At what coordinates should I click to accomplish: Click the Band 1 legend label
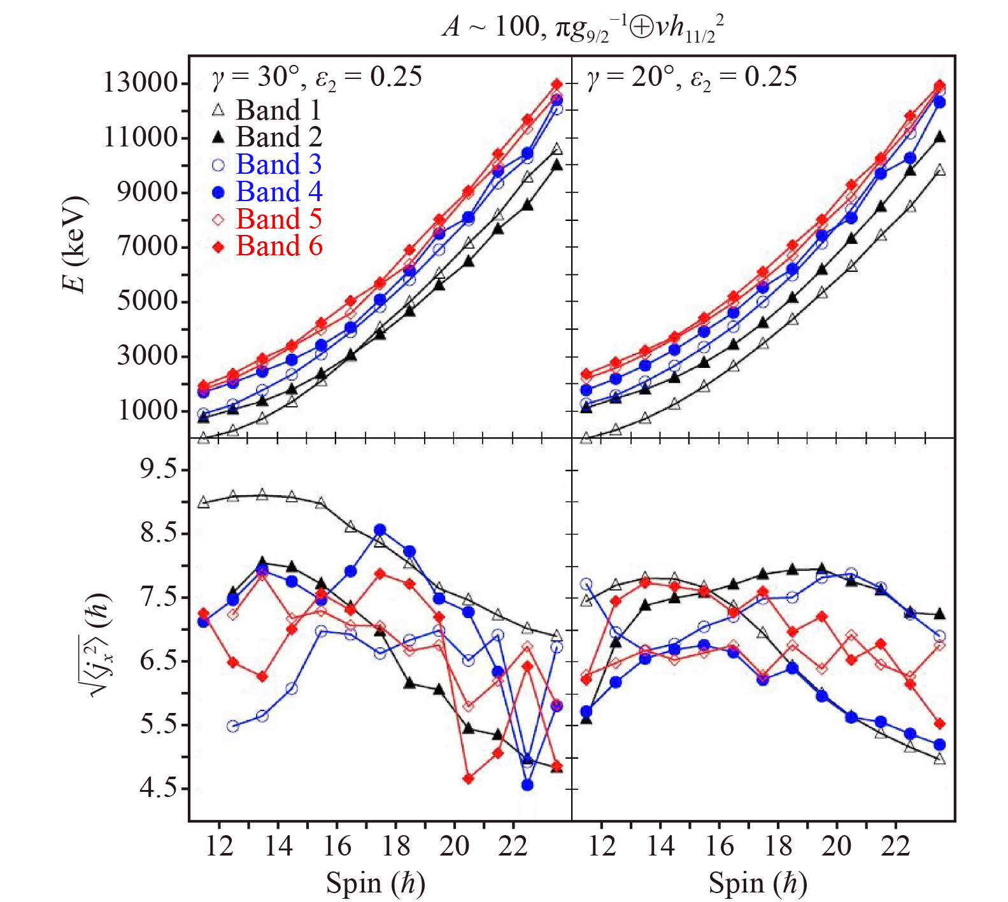click(278, 110)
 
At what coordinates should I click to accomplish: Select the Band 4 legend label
click(279, 192)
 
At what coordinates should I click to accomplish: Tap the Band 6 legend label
click(279, 246)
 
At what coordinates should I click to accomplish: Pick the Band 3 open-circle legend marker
click(218, 165)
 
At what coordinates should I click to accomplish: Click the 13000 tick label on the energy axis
click(140, 83)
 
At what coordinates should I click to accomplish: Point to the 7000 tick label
click(148, 246)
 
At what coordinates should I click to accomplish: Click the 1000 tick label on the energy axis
click(148, 411)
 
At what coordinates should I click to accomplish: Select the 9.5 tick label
click(159, 469)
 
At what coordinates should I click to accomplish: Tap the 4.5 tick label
click(159, 788)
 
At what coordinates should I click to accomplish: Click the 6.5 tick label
click(159, 661)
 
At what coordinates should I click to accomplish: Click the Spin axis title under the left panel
click(376, 884)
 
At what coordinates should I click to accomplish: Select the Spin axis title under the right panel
click(758, 884)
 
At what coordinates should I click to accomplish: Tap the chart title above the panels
click(583, 29)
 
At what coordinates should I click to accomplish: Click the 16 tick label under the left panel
click(337, 847)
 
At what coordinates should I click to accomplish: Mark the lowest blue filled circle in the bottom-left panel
click(527, 785)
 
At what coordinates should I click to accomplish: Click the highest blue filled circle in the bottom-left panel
click(380, 530)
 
